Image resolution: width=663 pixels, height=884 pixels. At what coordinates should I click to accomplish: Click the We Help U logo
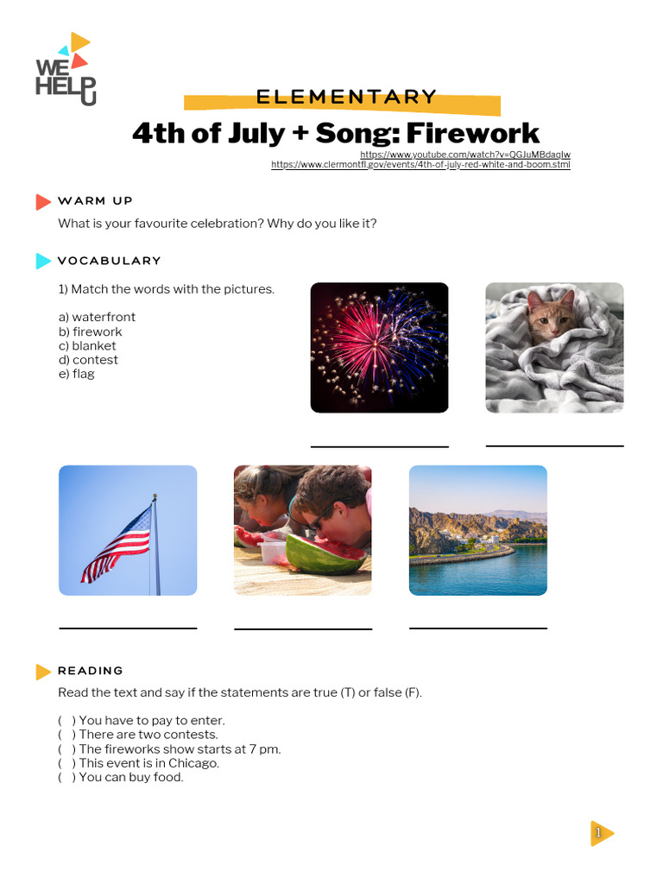[66, 70]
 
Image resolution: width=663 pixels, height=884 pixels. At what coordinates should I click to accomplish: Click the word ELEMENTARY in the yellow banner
[346, 98]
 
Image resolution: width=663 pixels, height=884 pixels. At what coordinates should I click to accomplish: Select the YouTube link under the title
[464, 155]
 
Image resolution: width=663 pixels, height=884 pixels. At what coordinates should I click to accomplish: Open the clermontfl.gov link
[420, 164]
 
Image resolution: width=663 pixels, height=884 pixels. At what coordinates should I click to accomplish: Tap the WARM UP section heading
[95, 201]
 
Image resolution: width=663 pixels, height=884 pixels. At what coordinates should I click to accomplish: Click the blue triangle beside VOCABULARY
[43, 261]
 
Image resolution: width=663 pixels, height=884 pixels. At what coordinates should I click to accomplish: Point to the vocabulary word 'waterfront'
[103, 317]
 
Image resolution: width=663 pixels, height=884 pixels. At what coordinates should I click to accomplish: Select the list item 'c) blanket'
[87, 345]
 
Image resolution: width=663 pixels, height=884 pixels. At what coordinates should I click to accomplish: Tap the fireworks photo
[379, 347]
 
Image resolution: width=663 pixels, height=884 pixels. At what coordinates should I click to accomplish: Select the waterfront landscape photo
[477, 530]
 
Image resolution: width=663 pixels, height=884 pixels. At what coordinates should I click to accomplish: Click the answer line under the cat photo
[554, 445]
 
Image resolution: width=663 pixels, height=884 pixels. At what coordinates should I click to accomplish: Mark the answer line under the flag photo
[128, 628]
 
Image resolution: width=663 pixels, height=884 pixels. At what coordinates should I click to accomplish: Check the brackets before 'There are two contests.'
[66, 735]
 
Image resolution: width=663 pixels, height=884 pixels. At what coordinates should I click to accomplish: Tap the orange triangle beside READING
[43, 671]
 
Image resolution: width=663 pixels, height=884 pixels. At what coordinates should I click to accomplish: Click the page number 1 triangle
[601, 832]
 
